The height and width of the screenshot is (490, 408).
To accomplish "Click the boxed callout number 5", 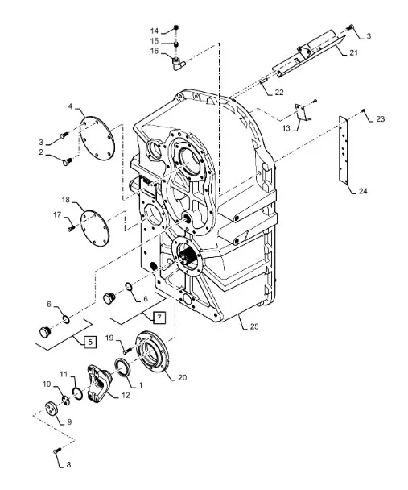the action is [x=90, y=342].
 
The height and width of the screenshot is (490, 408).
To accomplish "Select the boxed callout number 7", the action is [x=159, y=318].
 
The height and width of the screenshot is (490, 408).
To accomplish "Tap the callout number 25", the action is [x=254, y=326].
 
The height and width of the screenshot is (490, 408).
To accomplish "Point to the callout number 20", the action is [x=182, y=377].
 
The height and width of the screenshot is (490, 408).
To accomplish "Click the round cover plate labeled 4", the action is [x=97, y=137].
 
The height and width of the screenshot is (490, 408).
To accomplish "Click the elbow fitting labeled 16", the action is [x=179, y=63].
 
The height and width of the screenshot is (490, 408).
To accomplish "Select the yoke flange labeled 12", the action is [x=98, y=384].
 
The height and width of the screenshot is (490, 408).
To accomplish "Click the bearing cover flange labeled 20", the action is [x=151, y=351].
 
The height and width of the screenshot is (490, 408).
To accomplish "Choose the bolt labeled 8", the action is [x=56, y=451].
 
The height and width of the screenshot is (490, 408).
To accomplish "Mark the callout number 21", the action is [x=353, y=52].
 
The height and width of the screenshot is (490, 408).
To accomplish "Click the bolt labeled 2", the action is [x=68, y=162].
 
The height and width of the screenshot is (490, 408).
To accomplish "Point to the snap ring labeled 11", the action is [x=78, y=392].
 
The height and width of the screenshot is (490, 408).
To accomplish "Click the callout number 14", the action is [x=155, y=31].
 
